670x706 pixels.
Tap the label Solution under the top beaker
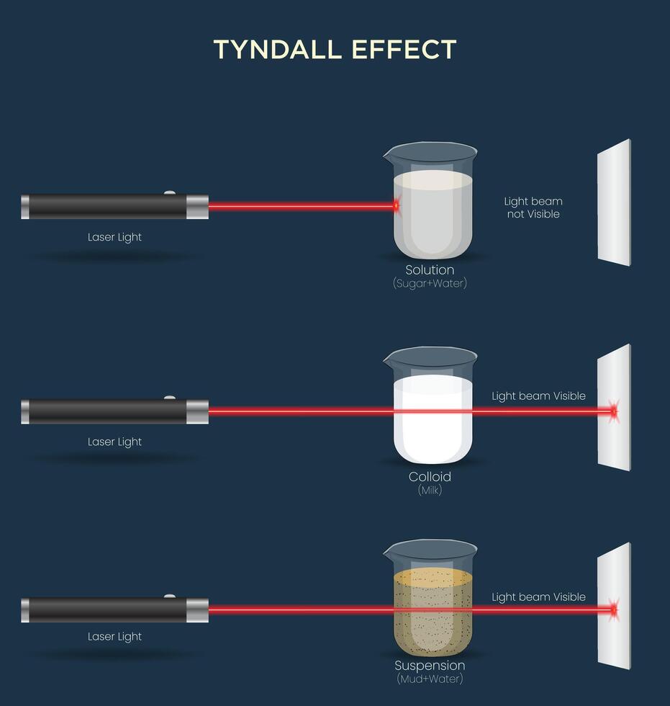(430, 270)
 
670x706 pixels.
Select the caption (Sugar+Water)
(430, 283)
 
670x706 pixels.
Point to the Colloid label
(430, 476)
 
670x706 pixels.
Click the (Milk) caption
(430, 490)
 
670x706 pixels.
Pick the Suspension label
(430, 666)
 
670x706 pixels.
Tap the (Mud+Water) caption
(430, 679)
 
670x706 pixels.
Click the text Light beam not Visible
(533, 207)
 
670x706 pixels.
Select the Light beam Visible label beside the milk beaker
(538, 396)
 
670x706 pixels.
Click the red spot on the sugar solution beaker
(396, 207)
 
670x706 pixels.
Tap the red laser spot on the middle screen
(613, 411)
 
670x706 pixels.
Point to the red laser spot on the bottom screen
(613, 610)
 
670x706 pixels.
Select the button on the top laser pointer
(170, 193)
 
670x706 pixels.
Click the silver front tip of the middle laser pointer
(197, 412)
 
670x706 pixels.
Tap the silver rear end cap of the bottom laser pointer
(25, 610)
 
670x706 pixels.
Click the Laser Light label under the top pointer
(115, 237)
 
